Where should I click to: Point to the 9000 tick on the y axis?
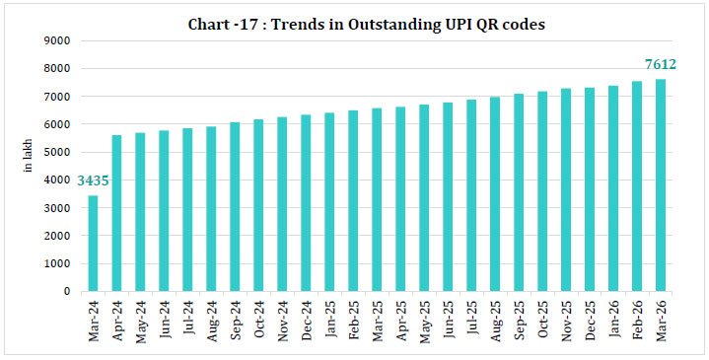click(54, 40)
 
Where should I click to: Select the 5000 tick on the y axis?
click(54, 152)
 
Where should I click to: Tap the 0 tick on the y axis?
click(64, 291)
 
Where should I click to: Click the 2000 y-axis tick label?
click(54, 236)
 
